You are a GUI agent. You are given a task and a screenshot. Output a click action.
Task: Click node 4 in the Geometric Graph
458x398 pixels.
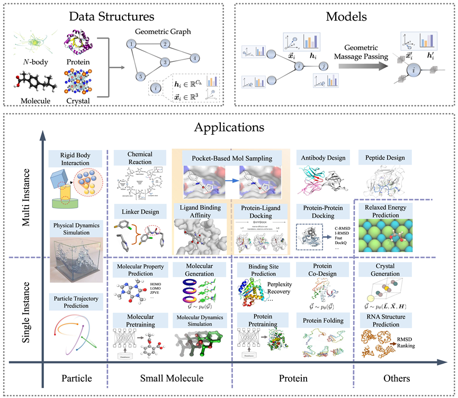click(x=195, y=57)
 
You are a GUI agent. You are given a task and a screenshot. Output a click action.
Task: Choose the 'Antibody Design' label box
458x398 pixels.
click(x=323, y=158)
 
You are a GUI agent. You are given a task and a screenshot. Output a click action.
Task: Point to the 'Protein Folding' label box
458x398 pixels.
click(x=323, y=320)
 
